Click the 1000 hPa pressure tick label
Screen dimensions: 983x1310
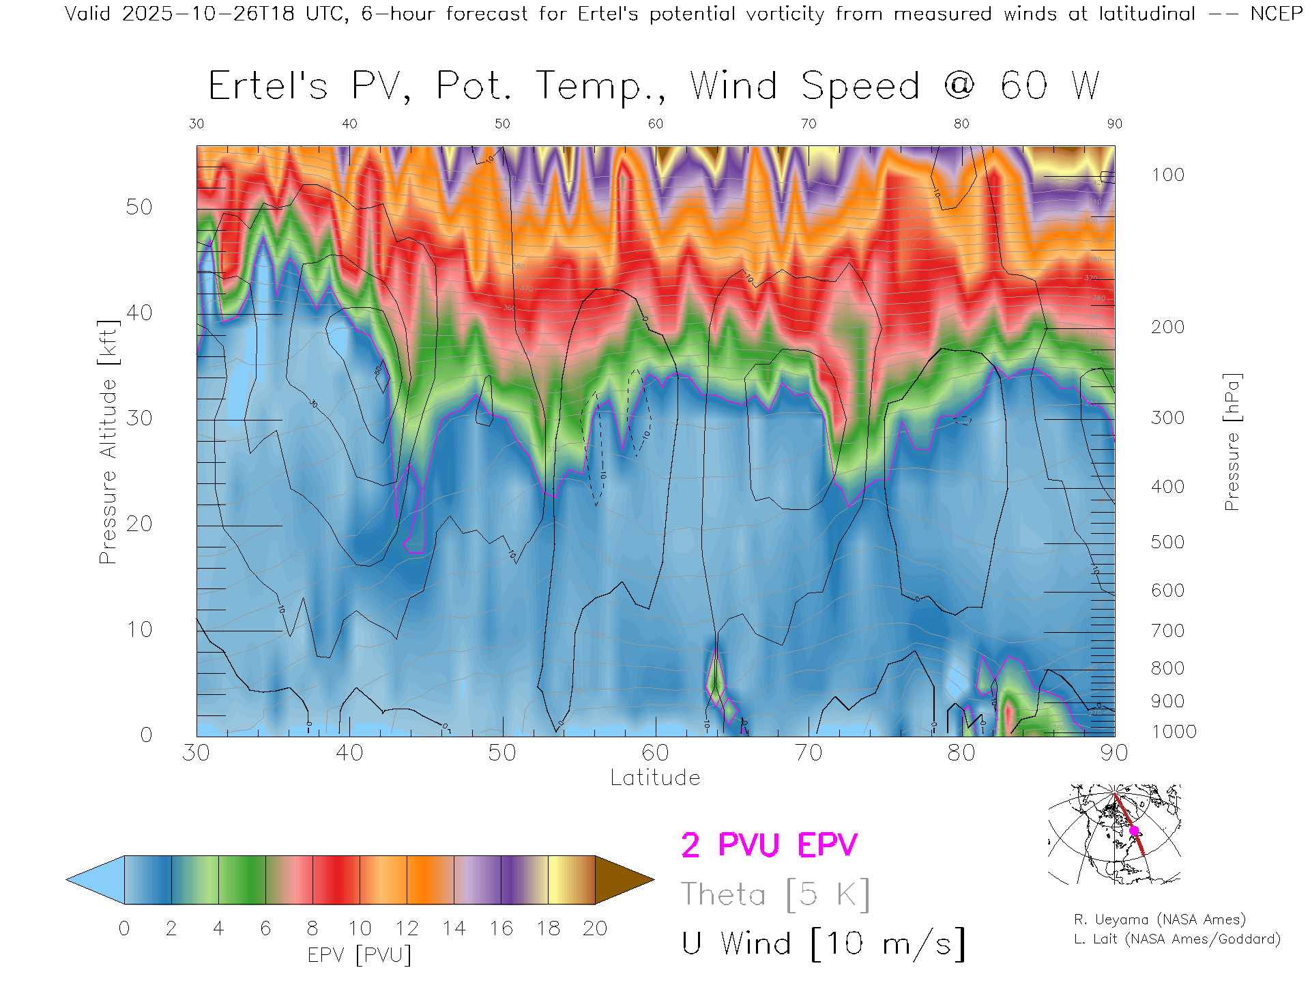pyautogui.click(x=1174, y=732)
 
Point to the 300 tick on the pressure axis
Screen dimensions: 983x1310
pyautogui.click(x=1167, y=418)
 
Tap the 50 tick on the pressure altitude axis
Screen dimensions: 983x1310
pyautogui.click(x=139, y=207)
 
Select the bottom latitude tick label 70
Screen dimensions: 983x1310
pyautogui.click(x=808, y=752)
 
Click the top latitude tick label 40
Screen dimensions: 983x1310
pyautogui.click(x=349, y=124)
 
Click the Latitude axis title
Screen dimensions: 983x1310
pyautogui.click(x=655, y=778)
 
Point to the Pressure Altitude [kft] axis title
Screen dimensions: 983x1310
pyautogui.click(x=108, y=442)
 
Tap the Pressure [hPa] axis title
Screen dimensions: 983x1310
pyautogui.click(x=1232, y=442)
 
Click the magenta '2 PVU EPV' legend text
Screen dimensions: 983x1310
pyautogui.click(x=769, y=845)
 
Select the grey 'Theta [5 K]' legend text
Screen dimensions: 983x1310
pyautogui.click(x=775, y=894)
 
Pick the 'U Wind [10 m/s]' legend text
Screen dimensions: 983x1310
pyautogui.click(x=823, y=943)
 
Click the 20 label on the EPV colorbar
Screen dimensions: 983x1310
pyautogui.click(x=595, y=928)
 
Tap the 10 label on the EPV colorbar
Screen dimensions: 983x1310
pyautogui.click(x=360, y=928)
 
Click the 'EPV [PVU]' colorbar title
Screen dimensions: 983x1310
pyautogui.click(x=360, y=955)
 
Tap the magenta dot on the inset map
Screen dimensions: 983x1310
pyautogui.click(x=1134, y=831)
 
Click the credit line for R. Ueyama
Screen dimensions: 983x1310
pyautogui.click(x=1159, y=920)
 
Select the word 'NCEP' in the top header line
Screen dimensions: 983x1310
pyautogui.click(x=1276, y=14)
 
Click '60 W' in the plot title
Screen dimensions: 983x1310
pyautogui.click(x=1049, y=86)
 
